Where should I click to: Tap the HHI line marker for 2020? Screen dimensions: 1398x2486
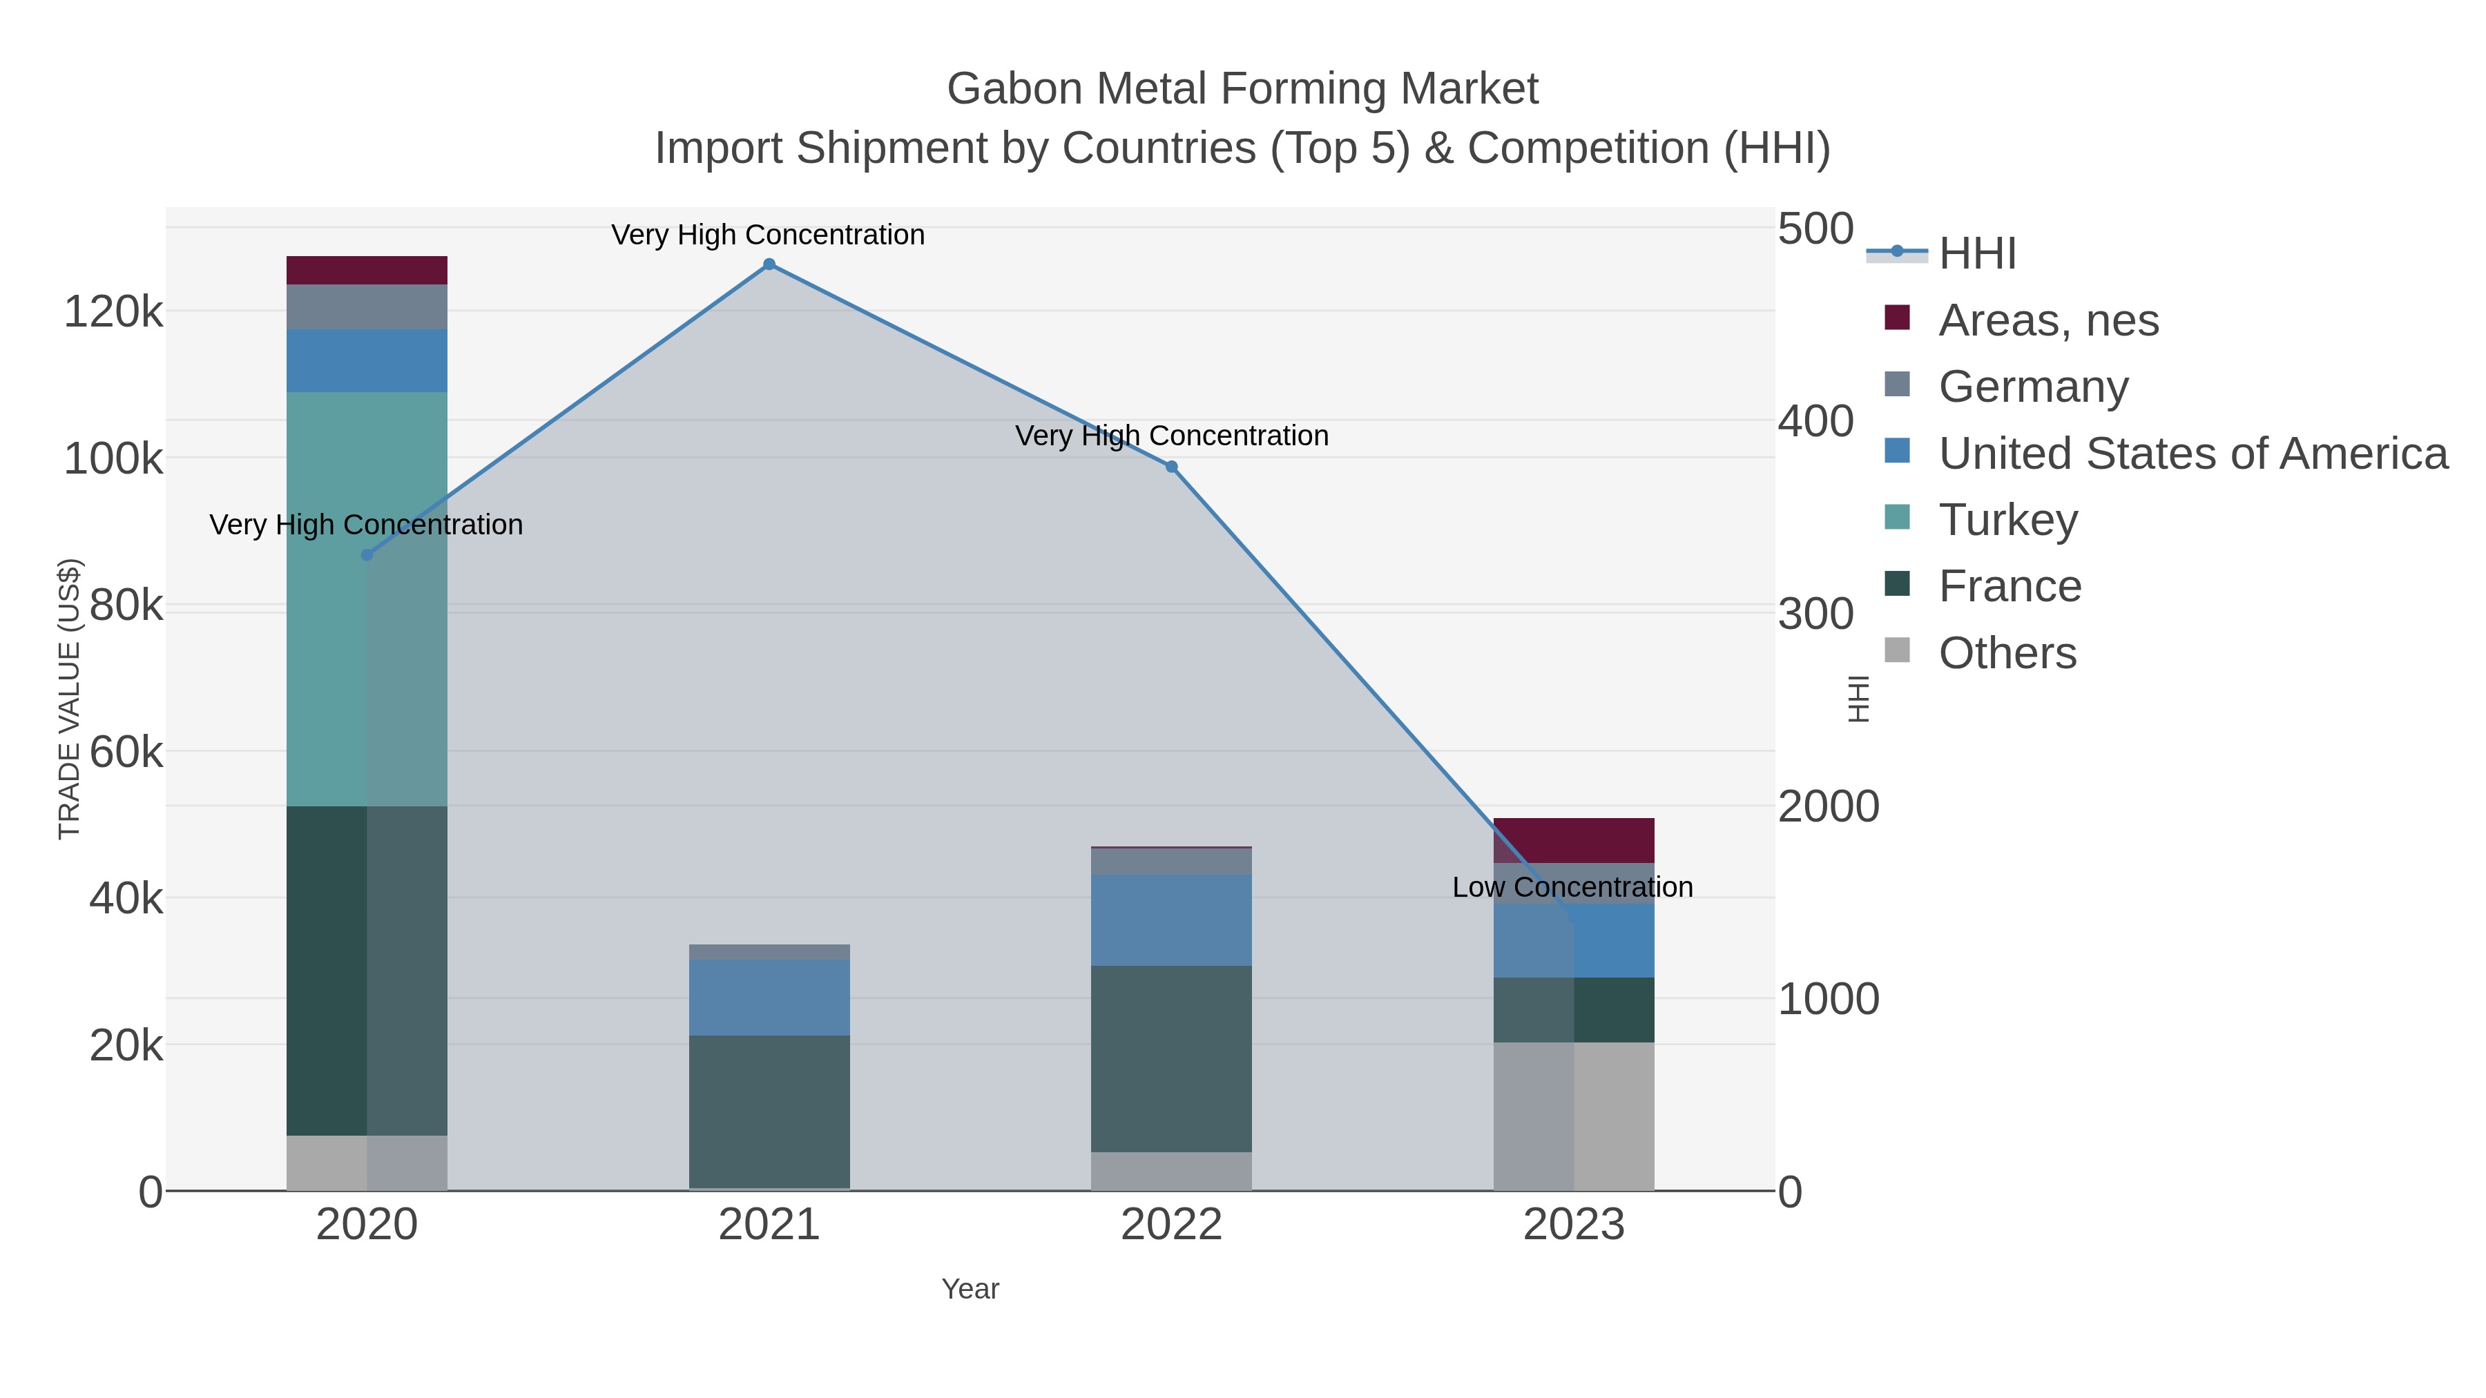[x=367, y=555]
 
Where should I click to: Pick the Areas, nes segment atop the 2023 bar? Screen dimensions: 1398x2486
[x=1574, y=840]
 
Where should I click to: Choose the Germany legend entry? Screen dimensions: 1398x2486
[x=2032, y=387]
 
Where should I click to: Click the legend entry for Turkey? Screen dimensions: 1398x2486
[x=2007, y=520]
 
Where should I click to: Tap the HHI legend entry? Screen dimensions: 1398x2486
[x=1976, y=254]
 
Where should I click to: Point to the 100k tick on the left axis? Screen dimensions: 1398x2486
[x=114, y=459]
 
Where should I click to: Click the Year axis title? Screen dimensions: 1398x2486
[x=970, y=1289]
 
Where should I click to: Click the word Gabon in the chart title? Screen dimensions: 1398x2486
[x=1013, y=89]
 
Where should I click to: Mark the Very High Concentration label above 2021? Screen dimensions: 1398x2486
[x=768, y=235]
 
